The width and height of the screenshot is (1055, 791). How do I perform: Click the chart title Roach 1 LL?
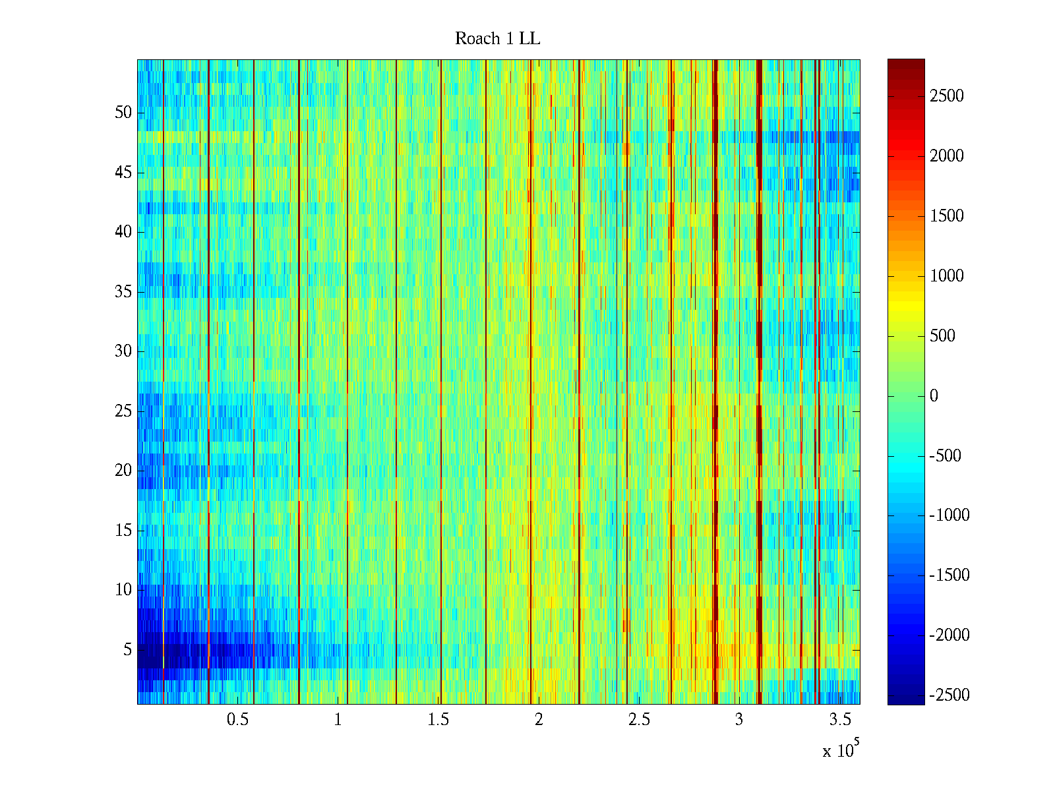tap(497, 39)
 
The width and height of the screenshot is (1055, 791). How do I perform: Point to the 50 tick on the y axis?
tap(123, 113)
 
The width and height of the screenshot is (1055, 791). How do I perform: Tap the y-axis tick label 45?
tap(123, 173)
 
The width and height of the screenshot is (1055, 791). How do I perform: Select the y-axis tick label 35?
tap(123, 292)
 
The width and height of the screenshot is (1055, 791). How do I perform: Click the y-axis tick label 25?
tap(123, 411)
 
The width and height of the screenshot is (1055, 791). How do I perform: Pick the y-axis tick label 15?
tap(123, 531)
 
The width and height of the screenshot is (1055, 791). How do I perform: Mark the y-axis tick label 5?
tap(127, 650)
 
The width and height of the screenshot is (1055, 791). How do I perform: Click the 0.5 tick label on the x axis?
tap(237, 720)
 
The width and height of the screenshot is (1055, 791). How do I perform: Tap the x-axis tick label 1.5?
tap(438, 720)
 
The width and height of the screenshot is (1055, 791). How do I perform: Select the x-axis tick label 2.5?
tap(639, 720)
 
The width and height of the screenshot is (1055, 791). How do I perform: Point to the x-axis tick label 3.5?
tap(840, 720)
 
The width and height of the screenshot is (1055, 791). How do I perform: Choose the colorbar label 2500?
tap(947, 96)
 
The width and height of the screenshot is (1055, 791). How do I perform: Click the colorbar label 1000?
tap(947, 276)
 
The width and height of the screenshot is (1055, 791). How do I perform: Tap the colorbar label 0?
tap(934, 396)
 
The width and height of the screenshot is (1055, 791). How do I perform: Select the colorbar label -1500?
tap(950, 575)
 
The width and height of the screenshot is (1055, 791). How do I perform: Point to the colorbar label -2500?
tap(950, 695)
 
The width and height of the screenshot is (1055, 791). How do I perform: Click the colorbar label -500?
tap(946, 456)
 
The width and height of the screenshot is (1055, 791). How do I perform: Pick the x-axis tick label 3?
tap(739, 720)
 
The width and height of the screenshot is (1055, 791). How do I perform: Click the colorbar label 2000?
tap(947, 156)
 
